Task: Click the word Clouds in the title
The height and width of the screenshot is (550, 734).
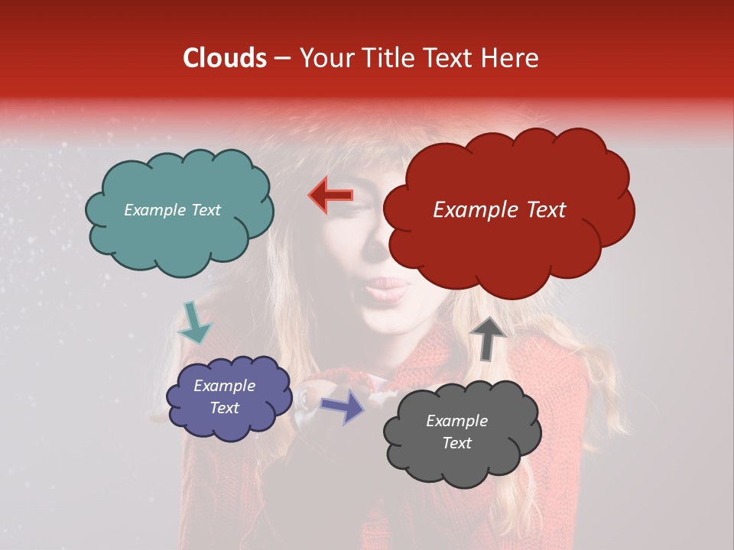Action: [225, 58]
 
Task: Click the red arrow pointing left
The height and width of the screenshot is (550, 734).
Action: [330, 196]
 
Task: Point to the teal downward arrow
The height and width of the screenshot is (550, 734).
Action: [193, 322]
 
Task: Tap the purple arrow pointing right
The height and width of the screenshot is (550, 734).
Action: [343, 406]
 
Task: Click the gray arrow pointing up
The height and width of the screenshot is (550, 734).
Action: [487, 337]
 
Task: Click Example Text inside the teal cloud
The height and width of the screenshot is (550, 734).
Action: [172, 210]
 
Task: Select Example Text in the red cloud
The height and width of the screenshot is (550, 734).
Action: [499, 210]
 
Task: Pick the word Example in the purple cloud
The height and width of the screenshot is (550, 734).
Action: [224, 387]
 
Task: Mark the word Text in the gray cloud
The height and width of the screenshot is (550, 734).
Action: [456, 443]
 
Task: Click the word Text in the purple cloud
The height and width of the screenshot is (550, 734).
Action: [224, 408]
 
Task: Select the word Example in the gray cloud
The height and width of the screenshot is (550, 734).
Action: [456, 421]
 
